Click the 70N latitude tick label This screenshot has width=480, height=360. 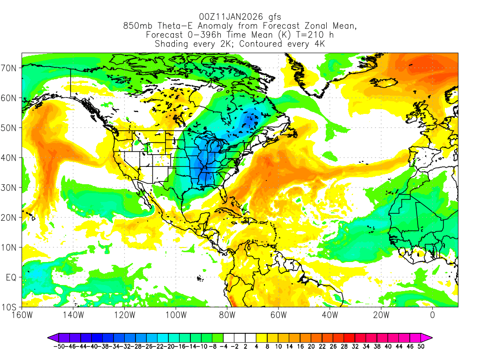click(10, 68)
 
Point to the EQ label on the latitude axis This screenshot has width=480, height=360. click(11, 277)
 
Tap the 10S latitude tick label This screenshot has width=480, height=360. click(10, 307)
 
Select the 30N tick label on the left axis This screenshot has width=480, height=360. click(10, 187)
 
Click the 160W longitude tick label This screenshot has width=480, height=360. click(22, 315)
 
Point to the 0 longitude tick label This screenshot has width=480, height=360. click(432, 315)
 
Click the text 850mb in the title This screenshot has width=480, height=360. click(137, 26)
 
